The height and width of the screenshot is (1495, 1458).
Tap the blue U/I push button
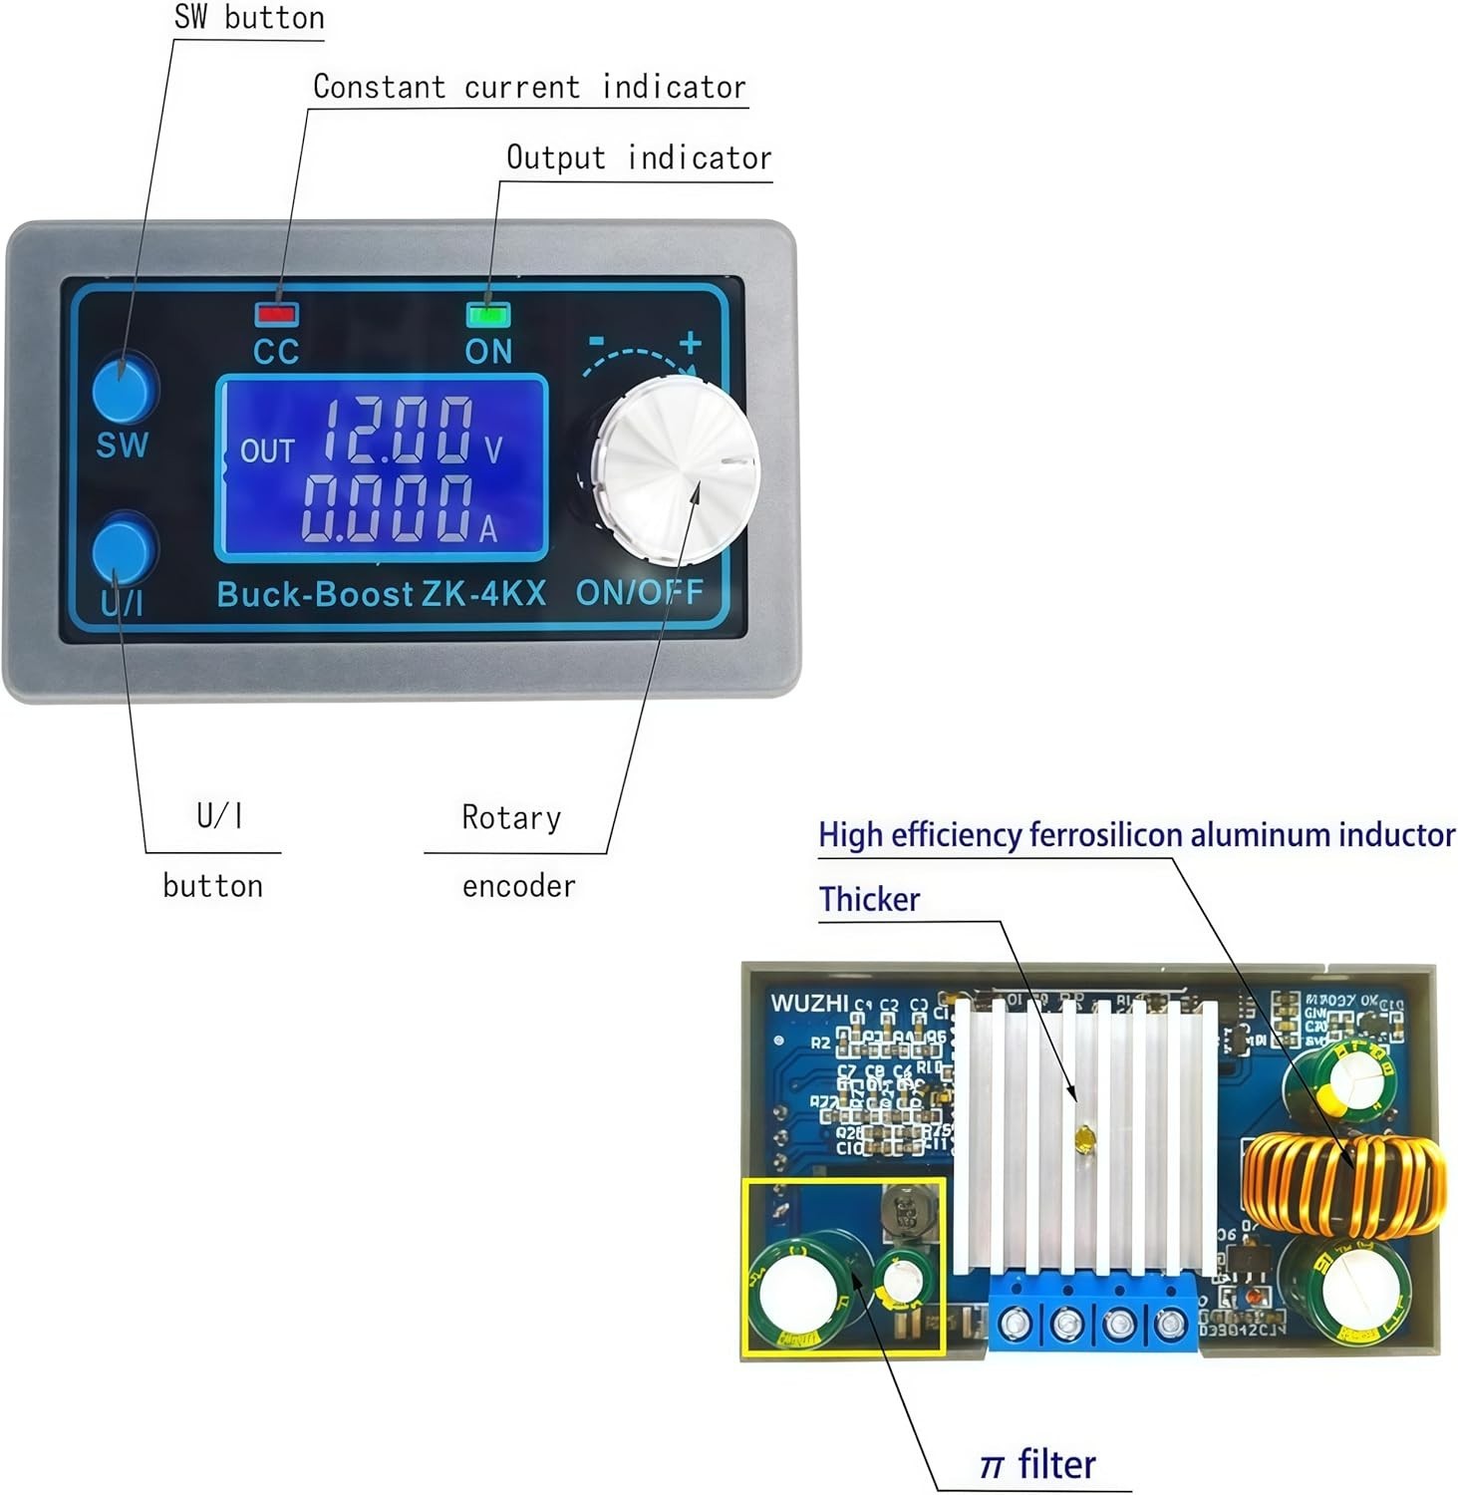click(124, 547)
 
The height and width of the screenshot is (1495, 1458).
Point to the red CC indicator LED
click(276, 314)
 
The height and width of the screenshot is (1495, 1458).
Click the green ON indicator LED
click(488, 315)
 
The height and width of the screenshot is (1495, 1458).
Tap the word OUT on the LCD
click(267, 451)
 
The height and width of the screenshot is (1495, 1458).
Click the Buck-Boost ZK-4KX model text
click(382, 594)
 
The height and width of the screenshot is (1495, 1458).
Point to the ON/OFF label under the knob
click(639, 592)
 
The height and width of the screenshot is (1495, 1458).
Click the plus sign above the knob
click(691, 343)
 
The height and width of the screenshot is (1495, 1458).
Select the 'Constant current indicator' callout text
click(529, 87)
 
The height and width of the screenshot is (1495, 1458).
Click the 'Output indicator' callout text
click(639, 157)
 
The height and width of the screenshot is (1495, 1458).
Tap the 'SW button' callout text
click(249, 17)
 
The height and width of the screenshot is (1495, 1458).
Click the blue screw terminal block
click(1092, 1317)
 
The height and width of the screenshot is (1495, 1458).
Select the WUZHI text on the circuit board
click(809, 1003)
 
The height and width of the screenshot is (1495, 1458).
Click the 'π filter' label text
click(1037, 1464)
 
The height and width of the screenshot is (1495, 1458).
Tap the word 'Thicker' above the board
click(869, 899)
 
